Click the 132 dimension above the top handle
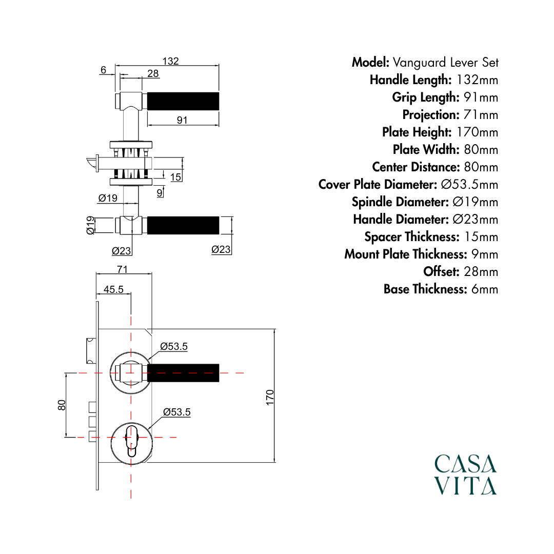pyautogui.click(x=171, y=61)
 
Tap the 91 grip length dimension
pyautogui.click(x=182, y=120)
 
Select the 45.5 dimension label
pyautogui.click(x=113, y=289)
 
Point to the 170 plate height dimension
pyautogui.click(x=270, y=398)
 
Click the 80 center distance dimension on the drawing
pyautogui.click(x=62, y=405)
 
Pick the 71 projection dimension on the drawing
pyautogui.click(x=122, y=269)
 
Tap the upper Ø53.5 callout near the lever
pyautogui.click(x=174, y=346)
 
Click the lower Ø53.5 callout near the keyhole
pyautogui.click(x=176, y=412)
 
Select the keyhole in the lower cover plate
pyautogui.click(x=131, y=441)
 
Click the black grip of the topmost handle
pyautogui.click(x=183, y=102)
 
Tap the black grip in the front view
pyautogui.click(x=183, y=373)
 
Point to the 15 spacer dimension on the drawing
pyautogui.click(x=175, y=177)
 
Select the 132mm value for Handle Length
pyautogui.click(x=478, y=80)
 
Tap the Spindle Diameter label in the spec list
pyautogui.click(x=400, y=202)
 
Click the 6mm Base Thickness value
pyautogui.click(x=485, y=289)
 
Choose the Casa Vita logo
pyautogui.click(x=465, y=474)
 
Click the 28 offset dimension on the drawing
pyautogui.click(x=153, y=73)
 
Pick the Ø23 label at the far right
pyautogui.click(x=221, y=250)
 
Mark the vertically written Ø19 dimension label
pyautogui.click(x=90, y=225)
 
